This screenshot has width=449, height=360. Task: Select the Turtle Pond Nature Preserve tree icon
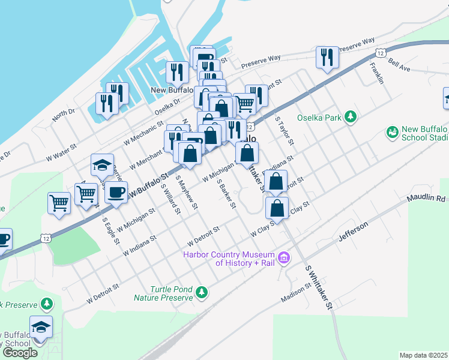(202, 292)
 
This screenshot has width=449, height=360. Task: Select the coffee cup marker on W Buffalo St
(116, 193)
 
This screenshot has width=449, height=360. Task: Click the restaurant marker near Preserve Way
(327, 57)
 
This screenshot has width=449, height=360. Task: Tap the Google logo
(20, 352)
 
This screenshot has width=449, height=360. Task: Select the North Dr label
(64, 113)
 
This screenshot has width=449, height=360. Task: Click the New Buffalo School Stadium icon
(393, 131)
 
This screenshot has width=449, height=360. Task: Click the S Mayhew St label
(186, 192)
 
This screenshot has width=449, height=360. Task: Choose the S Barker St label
(226, 194)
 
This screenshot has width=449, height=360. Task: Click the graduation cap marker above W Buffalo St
(102, 164)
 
